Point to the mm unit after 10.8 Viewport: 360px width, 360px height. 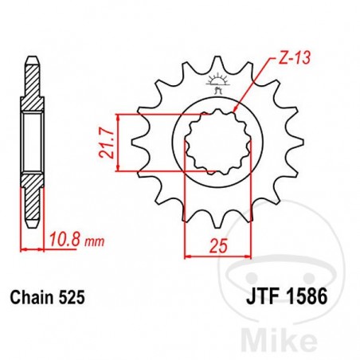click(x=94, y=239)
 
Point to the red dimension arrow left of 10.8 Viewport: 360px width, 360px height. click(x=24, y=250)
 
